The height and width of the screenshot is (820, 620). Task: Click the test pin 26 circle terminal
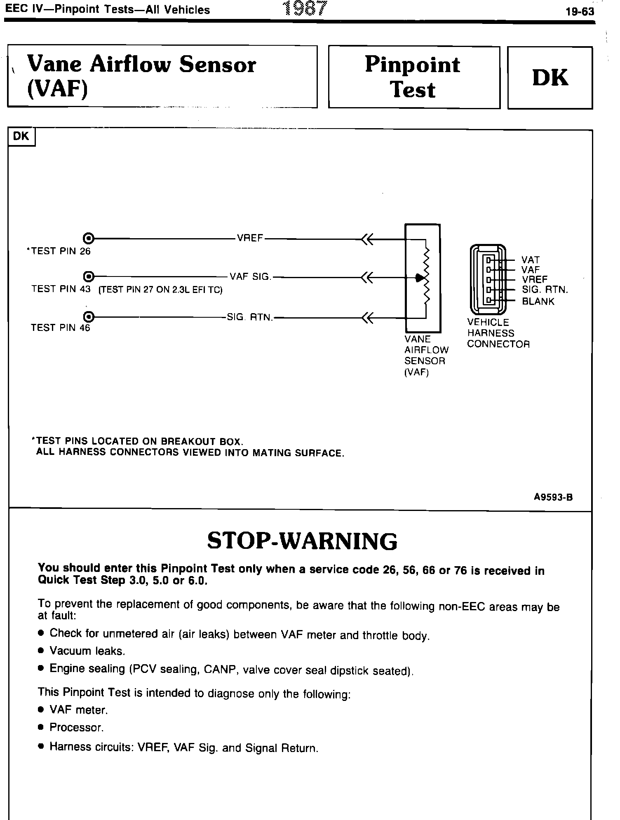[x=88, y=238]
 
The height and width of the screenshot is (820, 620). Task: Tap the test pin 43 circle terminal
[x=88, y=276]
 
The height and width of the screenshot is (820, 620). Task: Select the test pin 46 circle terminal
[x=88, y=317]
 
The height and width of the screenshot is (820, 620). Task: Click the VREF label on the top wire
[x=250, y=238]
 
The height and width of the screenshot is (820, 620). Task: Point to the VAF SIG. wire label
[x=250, y=276]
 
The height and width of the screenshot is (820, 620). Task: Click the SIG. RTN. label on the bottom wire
[x=250, y=317]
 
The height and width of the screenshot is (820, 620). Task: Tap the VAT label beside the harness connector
[x=530, y=260]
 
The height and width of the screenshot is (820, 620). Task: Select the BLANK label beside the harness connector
[x=538, y=301]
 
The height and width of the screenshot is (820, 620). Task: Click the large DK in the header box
[x=550, y=77]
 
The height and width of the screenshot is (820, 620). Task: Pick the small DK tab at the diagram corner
[x=21, y=136]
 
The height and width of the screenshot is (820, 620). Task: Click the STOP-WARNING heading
[x=302, y=541]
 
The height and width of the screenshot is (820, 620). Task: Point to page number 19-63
[x=580, y=12]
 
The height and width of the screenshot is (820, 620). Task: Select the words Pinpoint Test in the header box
[x=413, y=77]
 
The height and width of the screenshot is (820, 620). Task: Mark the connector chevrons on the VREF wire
[x=367, y=239]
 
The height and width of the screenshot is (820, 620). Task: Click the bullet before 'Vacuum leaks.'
[x=40, y=651]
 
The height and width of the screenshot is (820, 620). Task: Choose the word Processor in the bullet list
[x=76, y=727]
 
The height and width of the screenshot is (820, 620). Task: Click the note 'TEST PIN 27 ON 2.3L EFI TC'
[x=160, y=290]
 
